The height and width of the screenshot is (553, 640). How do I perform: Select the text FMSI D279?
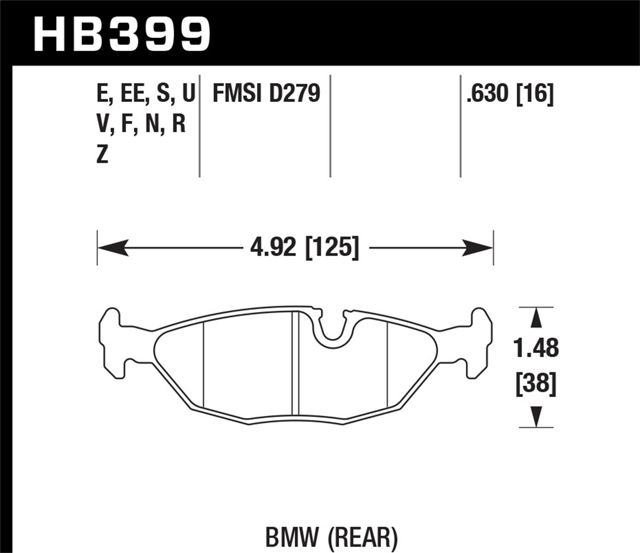point(266,93)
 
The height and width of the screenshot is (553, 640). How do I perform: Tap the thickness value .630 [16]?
point(510,93)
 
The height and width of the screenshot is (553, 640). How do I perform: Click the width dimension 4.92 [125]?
point(304,247)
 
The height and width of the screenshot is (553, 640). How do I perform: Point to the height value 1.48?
point(536,349)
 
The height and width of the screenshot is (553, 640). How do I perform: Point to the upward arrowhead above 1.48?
point(536,318)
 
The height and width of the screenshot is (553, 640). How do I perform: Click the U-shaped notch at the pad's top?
point(332,329)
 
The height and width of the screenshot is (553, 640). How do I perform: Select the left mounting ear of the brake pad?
point(112,343)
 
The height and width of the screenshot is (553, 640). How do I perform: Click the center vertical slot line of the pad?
point(295,363)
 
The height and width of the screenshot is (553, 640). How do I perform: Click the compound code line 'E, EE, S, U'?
point(145,93)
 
